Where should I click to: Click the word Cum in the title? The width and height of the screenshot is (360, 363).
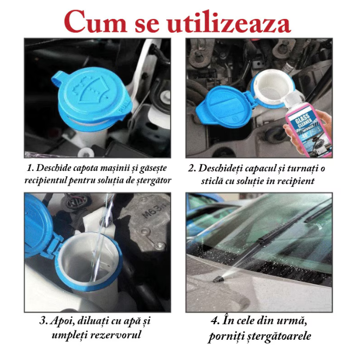coord(92,22)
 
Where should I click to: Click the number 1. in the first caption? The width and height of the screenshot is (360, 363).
coord(30,168)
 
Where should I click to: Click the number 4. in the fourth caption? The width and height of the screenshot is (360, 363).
coord(216,320)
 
